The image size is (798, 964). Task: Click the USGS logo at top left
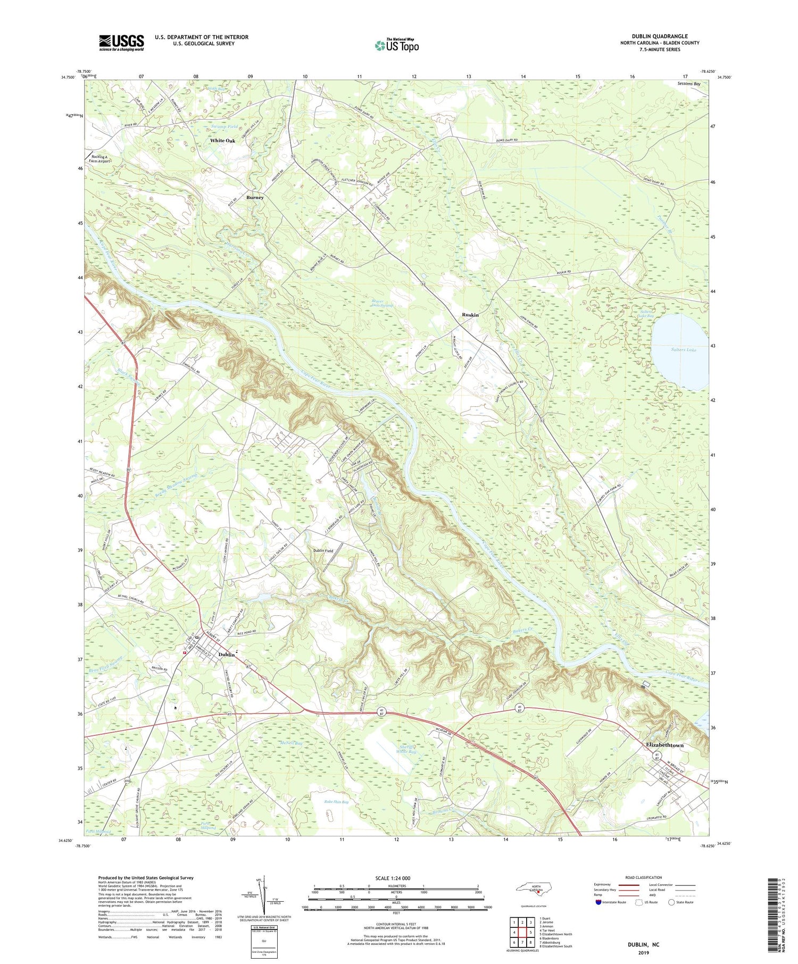(x=121, y=43)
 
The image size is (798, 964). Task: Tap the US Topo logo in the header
(x=397, y=46)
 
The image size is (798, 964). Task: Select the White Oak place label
(x=222, y=141)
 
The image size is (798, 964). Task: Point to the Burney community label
(x=255, y=197)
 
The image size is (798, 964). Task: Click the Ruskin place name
(x=470, y=315)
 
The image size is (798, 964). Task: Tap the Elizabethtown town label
(x=664, y=745)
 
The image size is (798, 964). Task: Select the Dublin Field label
(x=322, y=551)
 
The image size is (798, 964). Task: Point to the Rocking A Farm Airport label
(x=99, y=159)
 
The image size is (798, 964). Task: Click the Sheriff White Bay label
(x=408, y=749)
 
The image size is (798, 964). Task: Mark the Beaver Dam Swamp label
(x=381, y=303)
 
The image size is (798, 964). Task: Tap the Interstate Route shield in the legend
(x=598, y=902)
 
